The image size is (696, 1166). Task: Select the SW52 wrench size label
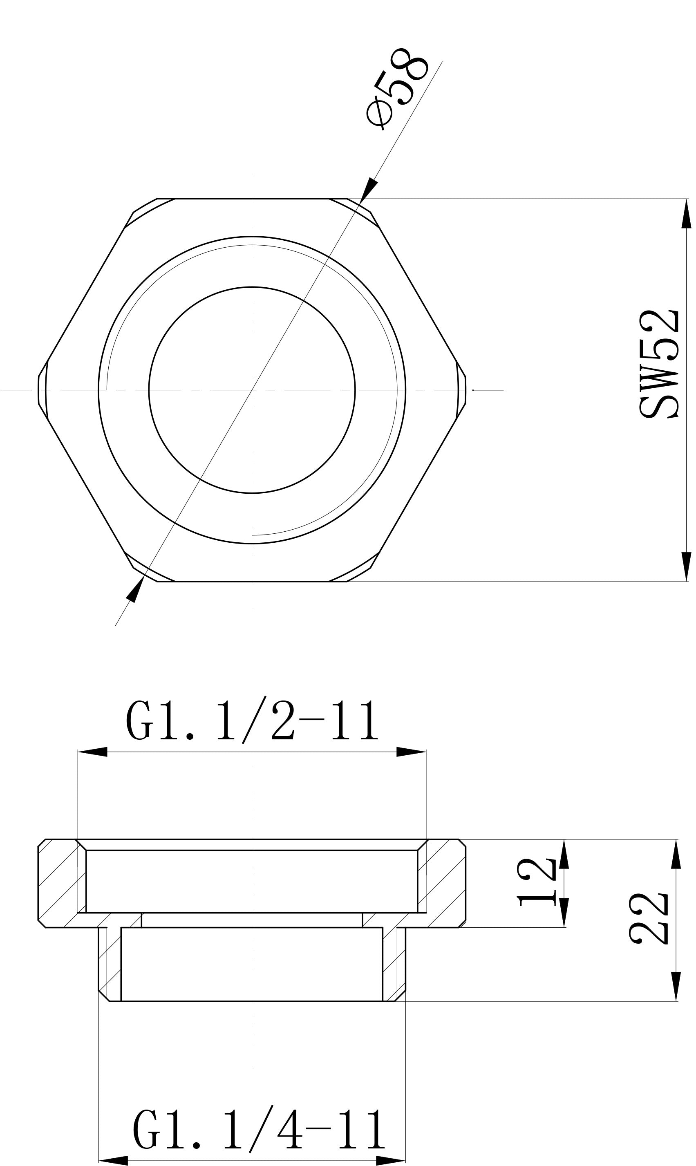[x=659, y=363]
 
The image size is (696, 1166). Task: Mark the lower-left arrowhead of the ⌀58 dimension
[x=136, y=590]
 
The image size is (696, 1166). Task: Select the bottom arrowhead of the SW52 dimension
[x=686, y=566]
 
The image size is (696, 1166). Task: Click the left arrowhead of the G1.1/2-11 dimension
[x=93, y=752]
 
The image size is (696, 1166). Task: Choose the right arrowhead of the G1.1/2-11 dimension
[x=411, y=752]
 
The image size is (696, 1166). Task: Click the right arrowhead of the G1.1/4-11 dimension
[x=390, y=1161]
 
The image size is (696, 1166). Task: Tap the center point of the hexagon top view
[x=252, y=390]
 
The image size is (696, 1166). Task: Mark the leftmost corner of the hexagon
[x=38, y=390]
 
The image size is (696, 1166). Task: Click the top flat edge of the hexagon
[x=252, y=199]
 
